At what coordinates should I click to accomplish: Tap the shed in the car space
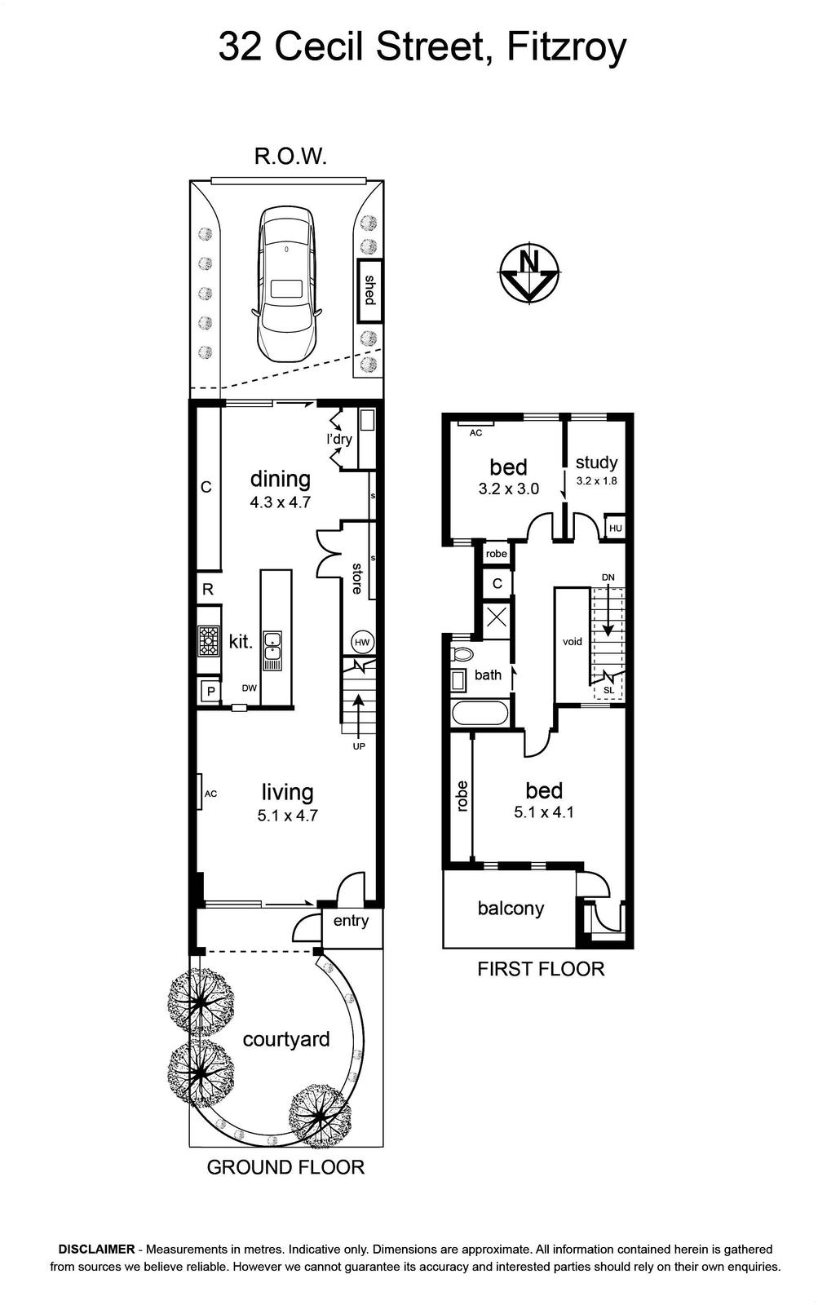pyautogui.click(x=369, y=290)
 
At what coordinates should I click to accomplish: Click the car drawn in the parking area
pyautogui.click(x=287, y=285)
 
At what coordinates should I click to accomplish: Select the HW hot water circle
pyautogui.click(x=362, y=643)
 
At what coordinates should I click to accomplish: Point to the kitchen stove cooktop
pyautogui.click(x=208, y=640)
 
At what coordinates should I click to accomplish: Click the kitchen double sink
pyautogui.click(x=272, y=651)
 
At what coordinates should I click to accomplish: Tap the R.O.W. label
pyautogui.click(x=290, y=157)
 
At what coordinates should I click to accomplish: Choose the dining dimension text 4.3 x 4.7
pyautogui.click(x=281, y=502)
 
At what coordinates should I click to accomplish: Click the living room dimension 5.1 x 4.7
pyautogui.click(x=288, y=815)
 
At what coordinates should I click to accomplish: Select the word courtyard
pyautogui.click(x=286, y=1039)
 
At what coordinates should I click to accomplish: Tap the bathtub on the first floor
pyautogui.click(x=480, y=713)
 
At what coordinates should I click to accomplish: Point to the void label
pyautogui.click(x=573, y=641)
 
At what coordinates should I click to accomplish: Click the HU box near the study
pyautogui.click(x=615, y=529)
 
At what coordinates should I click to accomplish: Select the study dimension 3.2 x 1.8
pyautogui.click(x=597, y=481)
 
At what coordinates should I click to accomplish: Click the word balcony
pyautogui.click(x=511, y=909)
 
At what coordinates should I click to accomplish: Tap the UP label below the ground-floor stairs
pyautogui.click(x=359, y=746)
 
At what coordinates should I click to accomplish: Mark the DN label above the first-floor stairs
pyautogui.click(x=608, y=577)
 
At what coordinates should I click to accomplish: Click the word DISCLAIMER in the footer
pyautogui.click(x=97, y=1249)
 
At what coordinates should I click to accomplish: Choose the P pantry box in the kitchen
pyautogui.click(x=211, y=692)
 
